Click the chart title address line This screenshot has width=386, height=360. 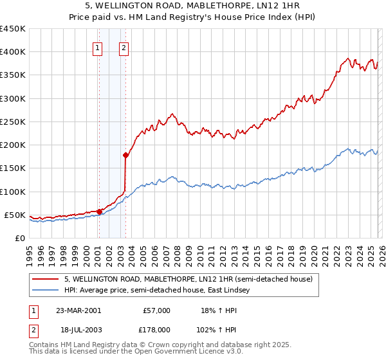click(193, 6)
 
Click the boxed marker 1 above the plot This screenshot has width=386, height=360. click(97, 47)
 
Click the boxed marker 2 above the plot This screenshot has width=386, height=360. click(124, 47)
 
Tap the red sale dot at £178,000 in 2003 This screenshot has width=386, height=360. click(125, 155)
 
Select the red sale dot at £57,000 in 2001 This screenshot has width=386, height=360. click(99, 212)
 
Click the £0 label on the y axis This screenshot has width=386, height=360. click(19, 238)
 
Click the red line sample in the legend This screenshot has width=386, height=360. click(46, 279)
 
